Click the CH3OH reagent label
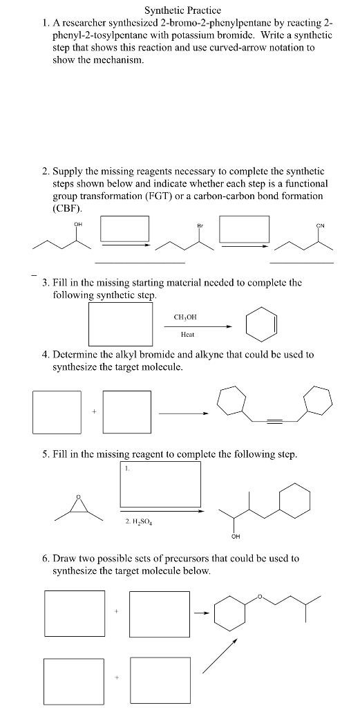(187, 317)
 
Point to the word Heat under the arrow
(187, 333)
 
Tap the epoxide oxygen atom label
(78, 496)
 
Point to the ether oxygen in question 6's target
(260, 595)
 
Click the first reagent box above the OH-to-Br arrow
(125, 229)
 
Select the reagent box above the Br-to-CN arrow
(243, 229)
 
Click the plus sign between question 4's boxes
(93, 413)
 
